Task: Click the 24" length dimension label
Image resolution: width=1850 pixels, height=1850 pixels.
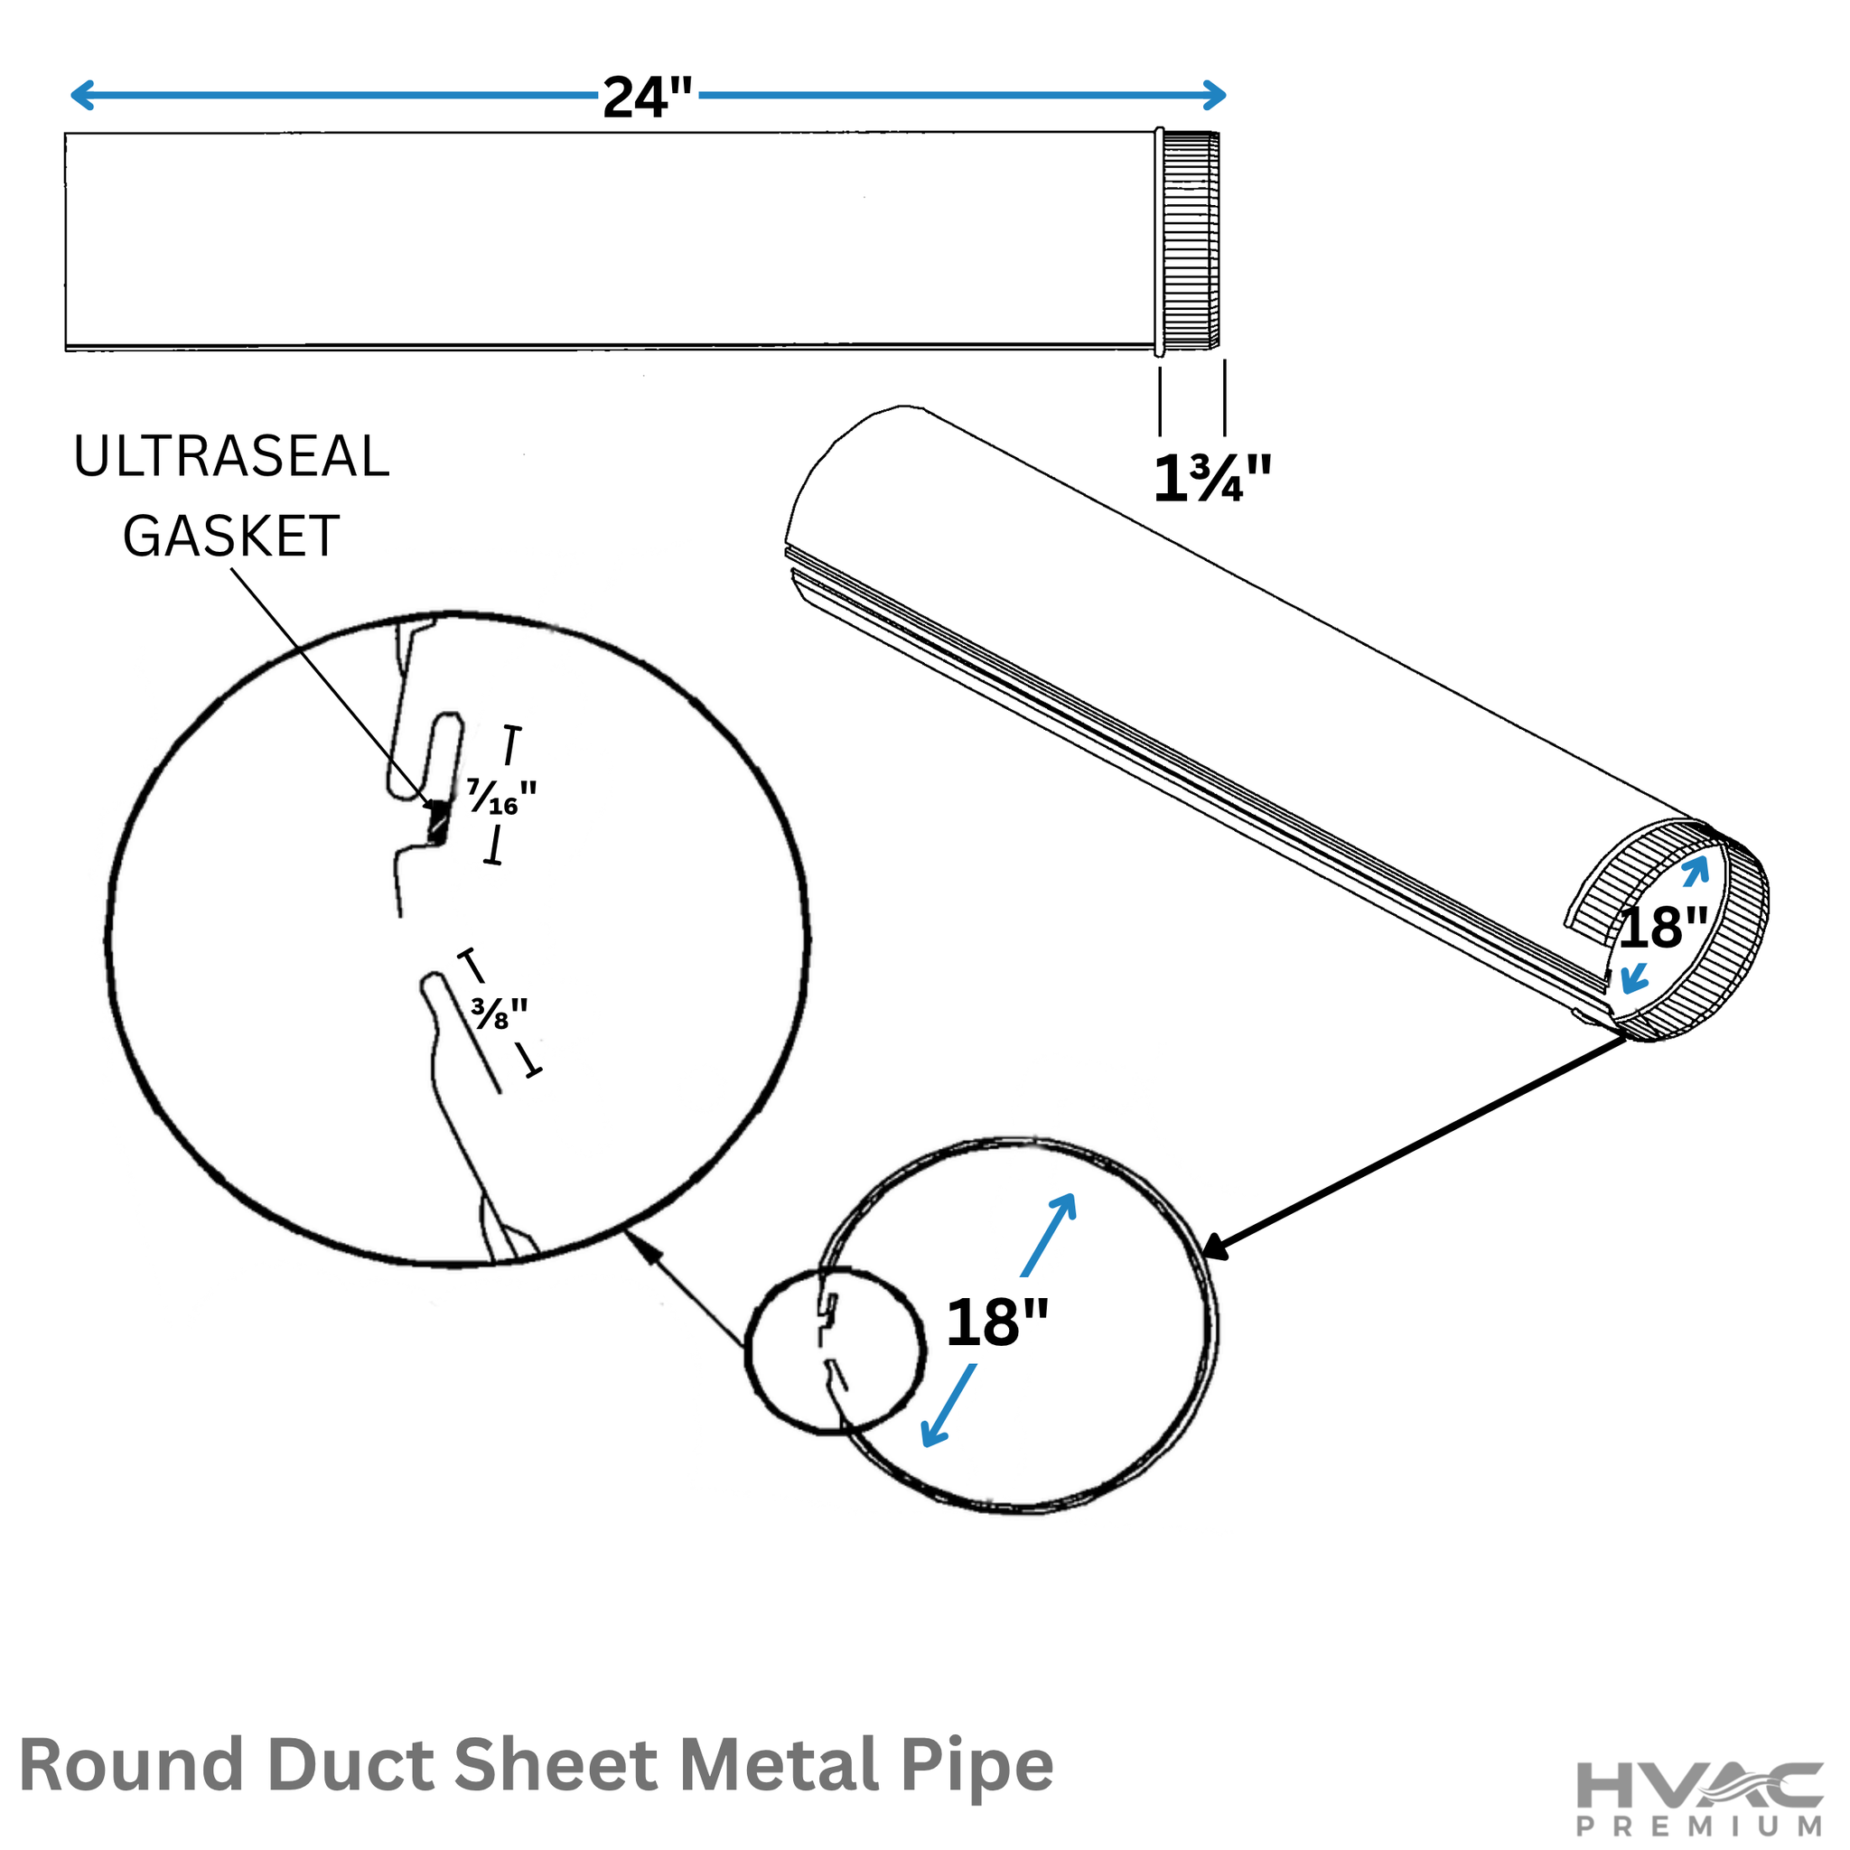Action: click(648, 98)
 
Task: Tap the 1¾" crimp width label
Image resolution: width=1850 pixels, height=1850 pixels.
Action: click(1212, 478)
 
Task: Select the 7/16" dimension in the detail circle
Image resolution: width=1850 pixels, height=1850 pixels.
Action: click(500, 797)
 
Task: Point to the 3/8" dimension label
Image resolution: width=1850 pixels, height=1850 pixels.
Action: click(499, 1014)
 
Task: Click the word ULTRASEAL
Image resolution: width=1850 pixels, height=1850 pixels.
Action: click(232, 457)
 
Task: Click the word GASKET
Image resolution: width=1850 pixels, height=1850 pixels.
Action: click(230, 537)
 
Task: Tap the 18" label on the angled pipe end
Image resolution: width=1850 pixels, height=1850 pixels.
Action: click(1663, 928)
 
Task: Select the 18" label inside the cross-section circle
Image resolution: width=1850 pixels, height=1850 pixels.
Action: click(997, 1322)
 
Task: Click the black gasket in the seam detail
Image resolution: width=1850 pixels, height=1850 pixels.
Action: click(437, 822)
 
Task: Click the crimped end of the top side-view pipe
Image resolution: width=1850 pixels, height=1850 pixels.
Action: click(1189, 240)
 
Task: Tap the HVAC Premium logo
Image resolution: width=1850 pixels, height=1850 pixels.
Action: click(1700, 1798)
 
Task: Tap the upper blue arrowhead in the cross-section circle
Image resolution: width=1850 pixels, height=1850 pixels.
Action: click(1064, 1209)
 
